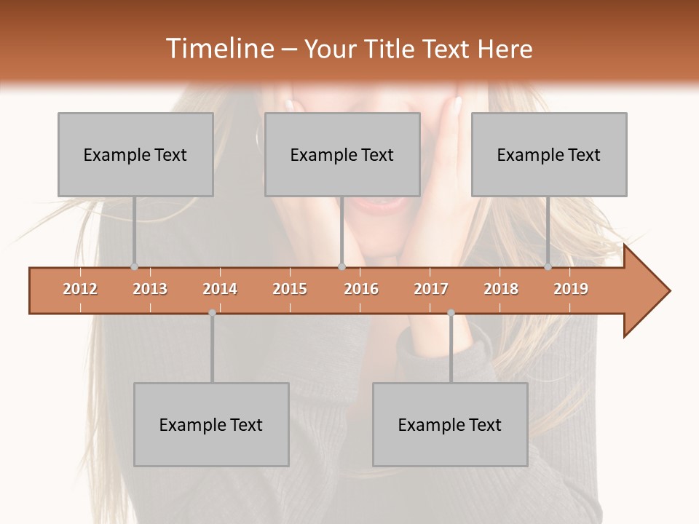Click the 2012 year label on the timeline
[80, 289]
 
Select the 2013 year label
[150, 289]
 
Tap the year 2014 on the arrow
[220, 289]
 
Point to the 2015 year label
[290, 289]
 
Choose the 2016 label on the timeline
[361, 289]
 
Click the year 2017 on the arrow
[431, 289]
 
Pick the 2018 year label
[501, 289]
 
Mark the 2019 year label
[571, 289]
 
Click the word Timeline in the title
[218, 49]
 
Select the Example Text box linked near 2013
[135, 154]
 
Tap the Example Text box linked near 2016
[342, 154]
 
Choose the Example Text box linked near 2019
[549, 154]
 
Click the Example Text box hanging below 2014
[211, 424]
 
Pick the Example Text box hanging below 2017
[450, 424]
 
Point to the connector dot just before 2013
[134, 267]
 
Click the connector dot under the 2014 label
[212, 313]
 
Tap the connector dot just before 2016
[341, 267]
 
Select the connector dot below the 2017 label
[451, 313]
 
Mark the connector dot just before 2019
[548, 267]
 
